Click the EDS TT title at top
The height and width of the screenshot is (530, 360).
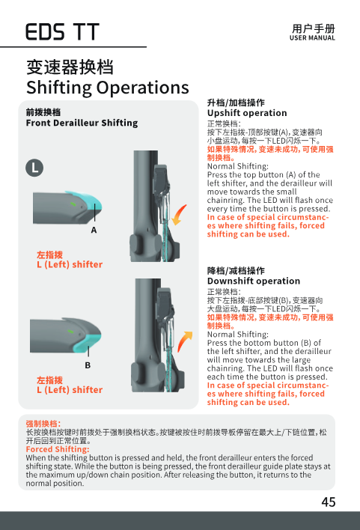63,32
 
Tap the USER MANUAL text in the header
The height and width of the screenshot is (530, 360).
312,38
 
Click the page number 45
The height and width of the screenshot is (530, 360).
329,502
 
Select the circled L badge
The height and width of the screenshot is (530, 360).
34,168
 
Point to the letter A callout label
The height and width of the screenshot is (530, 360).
94,230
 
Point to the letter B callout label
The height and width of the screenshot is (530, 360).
88,365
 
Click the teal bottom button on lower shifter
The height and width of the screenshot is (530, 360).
88,342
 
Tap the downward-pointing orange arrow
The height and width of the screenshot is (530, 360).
179,215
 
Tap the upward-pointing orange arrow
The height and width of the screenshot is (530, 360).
184,341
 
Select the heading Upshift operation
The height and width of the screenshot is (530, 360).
247,113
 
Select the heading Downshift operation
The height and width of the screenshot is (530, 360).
254,281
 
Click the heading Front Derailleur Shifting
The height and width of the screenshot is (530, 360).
82,123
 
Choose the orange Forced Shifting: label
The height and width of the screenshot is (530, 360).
58,449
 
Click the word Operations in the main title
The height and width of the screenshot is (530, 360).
143,88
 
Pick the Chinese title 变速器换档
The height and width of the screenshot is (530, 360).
70,67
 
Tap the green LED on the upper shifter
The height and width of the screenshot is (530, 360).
73,204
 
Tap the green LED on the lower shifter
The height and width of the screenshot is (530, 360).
70,331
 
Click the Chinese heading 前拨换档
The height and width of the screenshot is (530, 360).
43,112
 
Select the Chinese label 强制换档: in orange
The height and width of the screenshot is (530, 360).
43,424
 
